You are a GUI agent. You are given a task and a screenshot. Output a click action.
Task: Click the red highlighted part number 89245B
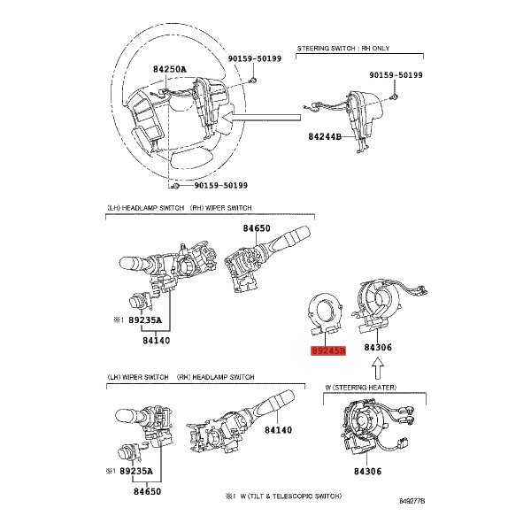pos(328,350)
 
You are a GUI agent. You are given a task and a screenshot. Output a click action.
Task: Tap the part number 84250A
pos(170,69)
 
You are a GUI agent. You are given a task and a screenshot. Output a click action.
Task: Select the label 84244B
pos(325,137)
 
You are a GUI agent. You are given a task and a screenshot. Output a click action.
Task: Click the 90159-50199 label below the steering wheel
pos(220,186)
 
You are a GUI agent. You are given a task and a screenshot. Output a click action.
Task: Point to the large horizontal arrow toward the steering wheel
pos(262,118)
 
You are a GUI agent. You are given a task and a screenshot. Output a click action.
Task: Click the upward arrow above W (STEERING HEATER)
pos(378,369)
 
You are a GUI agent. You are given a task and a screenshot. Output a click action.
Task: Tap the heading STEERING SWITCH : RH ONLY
pos(343,49)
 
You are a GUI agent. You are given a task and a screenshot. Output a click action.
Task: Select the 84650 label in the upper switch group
pos(257,228)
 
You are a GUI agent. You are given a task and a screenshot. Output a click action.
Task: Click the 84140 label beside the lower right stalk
pos(278,430)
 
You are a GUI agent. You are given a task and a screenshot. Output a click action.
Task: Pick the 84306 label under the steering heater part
pos(368,472)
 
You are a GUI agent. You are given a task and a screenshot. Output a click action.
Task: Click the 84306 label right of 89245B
pos(378,348)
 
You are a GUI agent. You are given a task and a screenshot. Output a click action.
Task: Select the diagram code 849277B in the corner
pos(412,501)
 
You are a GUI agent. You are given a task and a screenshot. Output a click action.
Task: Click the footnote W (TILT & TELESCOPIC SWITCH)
pos(291,496)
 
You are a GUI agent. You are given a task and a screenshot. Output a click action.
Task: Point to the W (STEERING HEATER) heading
pos(361,387)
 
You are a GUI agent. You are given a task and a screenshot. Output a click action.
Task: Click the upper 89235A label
pos(145,320)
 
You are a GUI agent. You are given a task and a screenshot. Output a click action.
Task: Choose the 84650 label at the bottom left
pos(147,491)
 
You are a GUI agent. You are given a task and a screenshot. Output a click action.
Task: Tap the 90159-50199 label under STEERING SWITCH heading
pos(396,75)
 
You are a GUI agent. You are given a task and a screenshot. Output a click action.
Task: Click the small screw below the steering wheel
pos(175,186)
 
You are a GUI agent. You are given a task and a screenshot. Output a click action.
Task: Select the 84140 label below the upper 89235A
pos(156,341)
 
